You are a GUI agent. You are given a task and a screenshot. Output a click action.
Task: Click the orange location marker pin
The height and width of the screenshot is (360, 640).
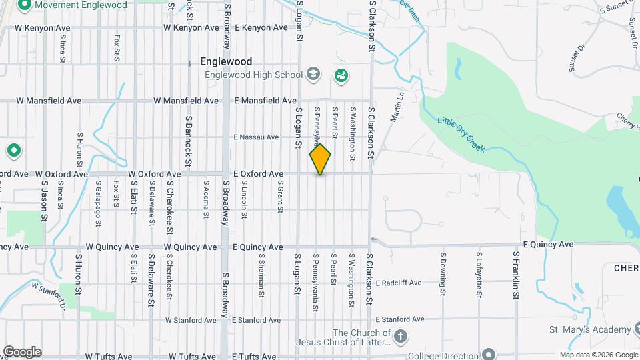click(x=320, y=159)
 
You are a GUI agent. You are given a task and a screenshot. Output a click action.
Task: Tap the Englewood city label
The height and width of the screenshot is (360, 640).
click(x=226, y=61)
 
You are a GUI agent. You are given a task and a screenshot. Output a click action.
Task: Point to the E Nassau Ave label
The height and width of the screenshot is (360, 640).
click(x=256, y=137)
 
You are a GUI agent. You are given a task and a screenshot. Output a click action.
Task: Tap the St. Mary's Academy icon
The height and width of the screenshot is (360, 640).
click(x=639, y=329)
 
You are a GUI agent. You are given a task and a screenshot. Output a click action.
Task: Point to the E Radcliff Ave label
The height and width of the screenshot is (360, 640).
click(x=398, y=283)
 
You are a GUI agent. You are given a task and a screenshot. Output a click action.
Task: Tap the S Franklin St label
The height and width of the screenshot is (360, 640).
click(x=516, y=273)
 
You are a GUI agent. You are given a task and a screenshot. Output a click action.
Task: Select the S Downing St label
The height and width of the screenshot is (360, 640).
click(x=442, y=273)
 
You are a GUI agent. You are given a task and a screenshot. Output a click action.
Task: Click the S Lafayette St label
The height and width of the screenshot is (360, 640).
click(x=479, y=273)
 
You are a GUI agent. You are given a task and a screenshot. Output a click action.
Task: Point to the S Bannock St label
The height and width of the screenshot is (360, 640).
click(x=189, y=139)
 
